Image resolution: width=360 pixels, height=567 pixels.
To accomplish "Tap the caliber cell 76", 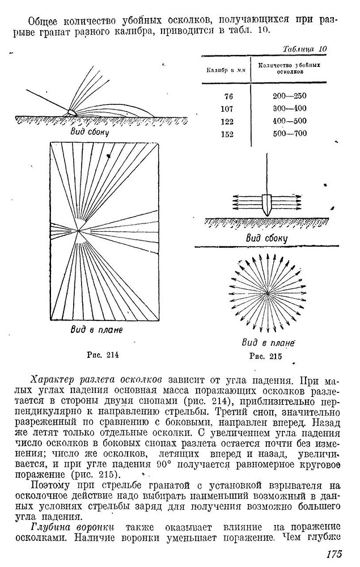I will tap(228, 96).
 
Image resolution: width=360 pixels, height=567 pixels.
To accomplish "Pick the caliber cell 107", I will tap(228, 108).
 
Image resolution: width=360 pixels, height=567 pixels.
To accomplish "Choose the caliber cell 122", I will tap(228, 121).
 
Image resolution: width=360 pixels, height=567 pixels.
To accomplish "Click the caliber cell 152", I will tap(228, 134).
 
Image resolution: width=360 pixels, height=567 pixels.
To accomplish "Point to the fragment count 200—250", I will tap(289, 96).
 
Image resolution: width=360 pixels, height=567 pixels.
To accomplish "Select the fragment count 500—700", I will tap(289, 134).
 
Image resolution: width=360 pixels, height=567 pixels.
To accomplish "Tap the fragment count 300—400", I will tap(289, 108).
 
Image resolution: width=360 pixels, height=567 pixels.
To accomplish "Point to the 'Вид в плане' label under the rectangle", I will tap(100, 329).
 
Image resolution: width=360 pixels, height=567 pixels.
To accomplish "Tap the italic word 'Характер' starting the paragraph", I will tap(53, 379).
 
